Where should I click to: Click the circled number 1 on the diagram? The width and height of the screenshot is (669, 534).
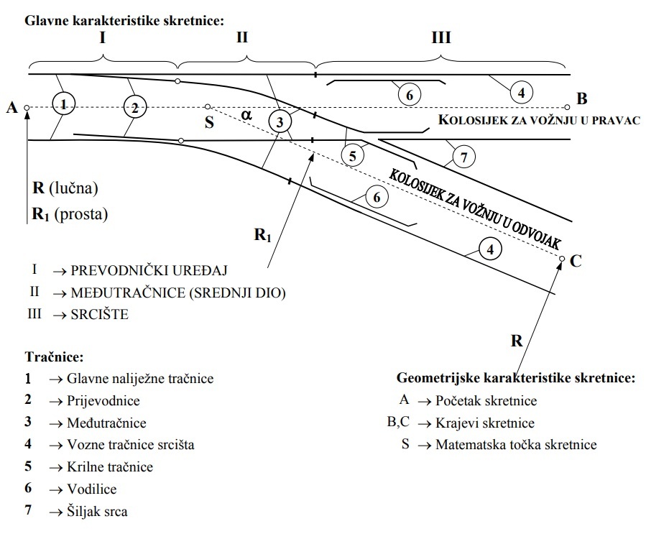[64, 105]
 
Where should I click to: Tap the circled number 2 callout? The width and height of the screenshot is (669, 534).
[134, 109]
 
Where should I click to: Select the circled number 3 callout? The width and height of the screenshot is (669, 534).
[280, 121]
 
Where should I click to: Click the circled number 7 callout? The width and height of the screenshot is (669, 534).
[465, 157]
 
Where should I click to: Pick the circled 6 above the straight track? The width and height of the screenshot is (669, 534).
[409, 95]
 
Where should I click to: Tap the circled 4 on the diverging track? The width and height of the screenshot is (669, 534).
[490, 249]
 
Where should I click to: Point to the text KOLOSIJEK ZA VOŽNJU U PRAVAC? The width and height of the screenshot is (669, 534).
[539, 120]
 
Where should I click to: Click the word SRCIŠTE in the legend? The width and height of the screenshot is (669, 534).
[100, 314]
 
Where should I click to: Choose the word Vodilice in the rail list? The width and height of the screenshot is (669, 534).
[91, 489]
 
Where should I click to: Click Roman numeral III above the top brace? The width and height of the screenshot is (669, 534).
[440, 37]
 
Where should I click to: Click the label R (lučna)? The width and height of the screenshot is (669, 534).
[65, 188]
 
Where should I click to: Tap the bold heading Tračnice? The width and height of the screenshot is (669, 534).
[54, 356]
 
